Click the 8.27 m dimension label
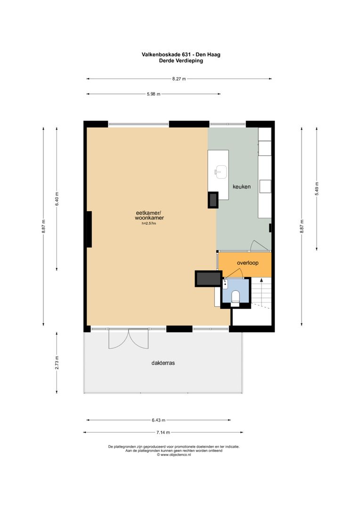pyautogui.click(x=179, y=79)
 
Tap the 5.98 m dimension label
pyautogui.click(x=154, y=94)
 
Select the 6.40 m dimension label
pyautogui.click(x=57, y=199)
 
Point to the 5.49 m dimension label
pyautogui.click(x=317, y=188)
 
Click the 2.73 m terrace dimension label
pyautogui.click(x=57, y=362)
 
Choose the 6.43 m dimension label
pyautogui.click(x=158, y=420)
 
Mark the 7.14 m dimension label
pyautogui.click(x=163, y=432)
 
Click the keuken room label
pyautogui.click(x=242, y=187)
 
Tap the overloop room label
pyautogui.click(x=248, y=263)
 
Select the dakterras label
pyautogui.click(x=163, y=363)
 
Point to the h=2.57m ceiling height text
pyautogui.click(x=149, y=223)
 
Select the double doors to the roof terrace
pyautogui.click(x=129, y=339)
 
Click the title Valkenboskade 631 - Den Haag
pyautogui.click(x=181, y=55)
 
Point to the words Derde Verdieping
pyautogui.click(x=181, y=61)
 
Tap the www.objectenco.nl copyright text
pyautogui.click(x=174, y=455)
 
